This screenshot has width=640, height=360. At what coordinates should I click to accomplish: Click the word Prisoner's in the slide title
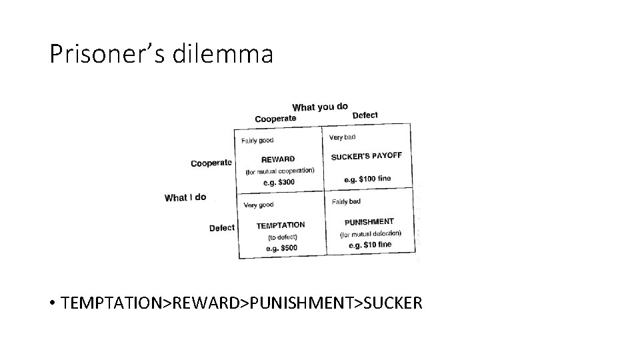pos(107,54)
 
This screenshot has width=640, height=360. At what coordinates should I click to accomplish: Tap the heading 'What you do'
pos(320,107)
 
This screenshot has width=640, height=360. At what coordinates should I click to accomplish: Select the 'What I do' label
pos(185,197)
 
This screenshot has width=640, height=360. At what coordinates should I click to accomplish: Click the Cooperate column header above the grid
pos(275,119)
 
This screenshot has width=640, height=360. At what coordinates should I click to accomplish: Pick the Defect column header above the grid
pos(365,115)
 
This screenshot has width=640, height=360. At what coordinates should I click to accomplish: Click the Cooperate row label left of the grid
pos(211,163)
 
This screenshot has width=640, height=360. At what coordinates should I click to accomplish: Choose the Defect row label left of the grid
pos(222,228)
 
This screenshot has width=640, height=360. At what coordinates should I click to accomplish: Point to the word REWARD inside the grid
pos(278,159)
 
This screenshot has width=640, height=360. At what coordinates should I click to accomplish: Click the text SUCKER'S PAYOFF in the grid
pos(367,156)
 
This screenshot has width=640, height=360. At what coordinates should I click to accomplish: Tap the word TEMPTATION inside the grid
pos(281,225)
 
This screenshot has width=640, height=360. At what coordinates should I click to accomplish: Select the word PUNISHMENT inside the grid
pos(369,221)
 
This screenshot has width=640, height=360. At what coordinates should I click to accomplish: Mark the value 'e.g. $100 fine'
pos(367,179)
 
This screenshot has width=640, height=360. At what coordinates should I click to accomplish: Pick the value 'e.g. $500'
pos(281,248)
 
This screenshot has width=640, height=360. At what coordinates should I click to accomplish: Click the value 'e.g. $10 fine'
pos(370,245)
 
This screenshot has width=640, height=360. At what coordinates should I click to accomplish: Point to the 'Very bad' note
pos(343,137)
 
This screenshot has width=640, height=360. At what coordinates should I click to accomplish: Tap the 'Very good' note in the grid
pos(259,205)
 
